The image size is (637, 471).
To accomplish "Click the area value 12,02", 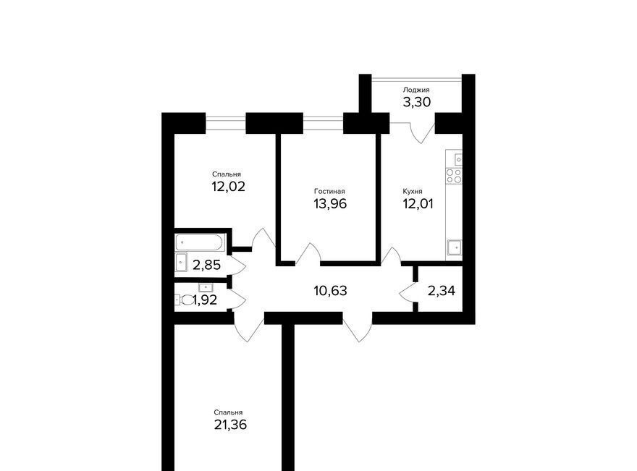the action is (228, 187).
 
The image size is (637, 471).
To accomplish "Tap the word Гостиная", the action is (329, 191).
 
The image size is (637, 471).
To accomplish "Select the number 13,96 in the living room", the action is (330, 203).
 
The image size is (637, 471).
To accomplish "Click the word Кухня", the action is (413, 191).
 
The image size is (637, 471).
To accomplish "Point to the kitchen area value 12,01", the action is (418, 203).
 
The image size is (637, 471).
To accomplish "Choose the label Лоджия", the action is (416, 90).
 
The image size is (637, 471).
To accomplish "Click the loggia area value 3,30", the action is (417, 102).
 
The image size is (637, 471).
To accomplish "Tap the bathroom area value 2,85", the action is (207, 265).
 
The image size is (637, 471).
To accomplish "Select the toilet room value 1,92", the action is (205, 300).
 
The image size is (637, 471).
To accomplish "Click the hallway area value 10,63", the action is (330, 291).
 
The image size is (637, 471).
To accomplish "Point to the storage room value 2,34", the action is (441, 291).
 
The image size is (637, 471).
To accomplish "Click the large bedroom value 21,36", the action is (230, 425).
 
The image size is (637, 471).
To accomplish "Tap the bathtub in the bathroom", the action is (200, 242).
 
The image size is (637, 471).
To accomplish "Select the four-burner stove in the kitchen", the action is (454, 176).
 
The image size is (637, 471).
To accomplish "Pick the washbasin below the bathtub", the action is (181, 263).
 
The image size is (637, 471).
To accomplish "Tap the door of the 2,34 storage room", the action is (408, 292).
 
